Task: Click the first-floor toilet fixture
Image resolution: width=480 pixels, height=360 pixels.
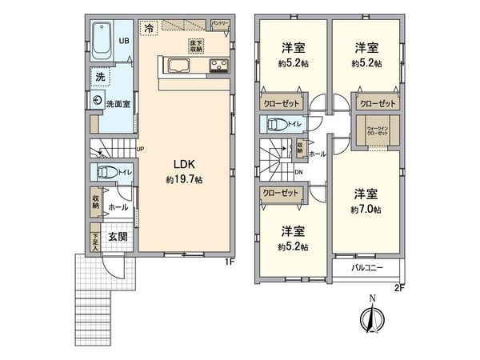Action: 106,172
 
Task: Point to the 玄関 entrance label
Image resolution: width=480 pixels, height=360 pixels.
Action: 117,237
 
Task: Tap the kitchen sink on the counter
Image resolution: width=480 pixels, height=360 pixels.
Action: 178,66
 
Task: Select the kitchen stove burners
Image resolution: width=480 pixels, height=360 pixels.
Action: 218,66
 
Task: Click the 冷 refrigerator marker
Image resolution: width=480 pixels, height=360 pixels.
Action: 149,28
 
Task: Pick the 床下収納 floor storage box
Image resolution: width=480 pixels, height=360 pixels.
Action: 195,46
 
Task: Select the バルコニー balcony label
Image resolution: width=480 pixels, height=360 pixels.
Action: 369,268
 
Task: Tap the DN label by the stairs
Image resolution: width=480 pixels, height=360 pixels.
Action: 299,170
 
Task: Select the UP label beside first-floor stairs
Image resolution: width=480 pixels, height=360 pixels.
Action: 140,149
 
